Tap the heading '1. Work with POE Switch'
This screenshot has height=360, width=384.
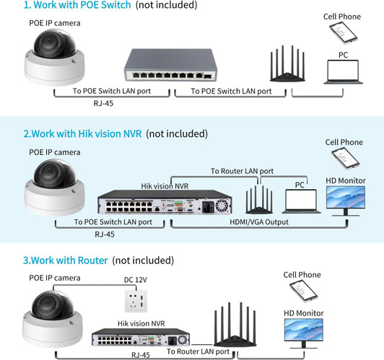tap(68, 5)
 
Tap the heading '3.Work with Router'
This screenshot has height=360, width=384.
tap(66, 260)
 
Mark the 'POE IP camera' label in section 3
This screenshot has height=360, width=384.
tap(55, 277)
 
